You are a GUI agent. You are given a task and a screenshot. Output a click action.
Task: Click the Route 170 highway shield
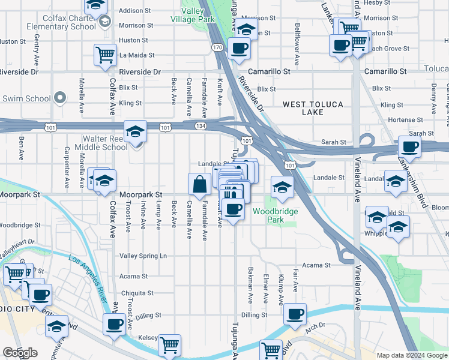tap(217, 47)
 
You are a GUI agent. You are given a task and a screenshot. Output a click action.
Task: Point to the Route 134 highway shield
tap(200, 125)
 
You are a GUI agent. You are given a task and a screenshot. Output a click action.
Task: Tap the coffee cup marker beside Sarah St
tap(410, 146)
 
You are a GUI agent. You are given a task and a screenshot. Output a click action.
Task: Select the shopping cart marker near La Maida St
tap(106, 55)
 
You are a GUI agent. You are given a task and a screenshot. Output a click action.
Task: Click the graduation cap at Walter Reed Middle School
tap(135, 131)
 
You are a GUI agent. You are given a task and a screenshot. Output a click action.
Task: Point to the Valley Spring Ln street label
tap(143, 256)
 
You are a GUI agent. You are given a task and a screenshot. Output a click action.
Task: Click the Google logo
tap(20, 353)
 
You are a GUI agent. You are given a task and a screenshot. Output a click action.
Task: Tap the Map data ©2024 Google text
tap(412, 356)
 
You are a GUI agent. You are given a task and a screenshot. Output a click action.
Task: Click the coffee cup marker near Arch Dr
tap(294, 314)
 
